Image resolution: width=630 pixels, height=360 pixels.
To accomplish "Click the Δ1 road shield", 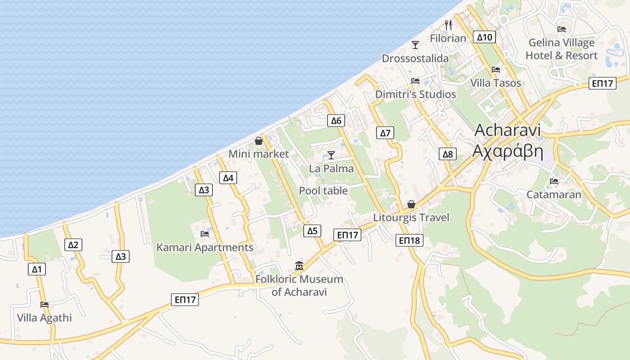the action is (36, 270).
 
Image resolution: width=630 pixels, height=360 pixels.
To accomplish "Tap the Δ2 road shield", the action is (73, 245).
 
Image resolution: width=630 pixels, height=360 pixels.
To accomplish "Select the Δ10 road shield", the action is (484, 37).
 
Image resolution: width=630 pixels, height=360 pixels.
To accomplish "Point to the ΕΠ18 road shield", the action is (409, 240).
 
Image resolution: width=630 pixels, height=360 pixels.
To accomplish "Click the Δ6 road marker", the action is (337, 120).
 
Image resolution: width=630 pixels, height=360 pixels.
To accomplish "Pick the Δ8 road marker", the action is (448, 154).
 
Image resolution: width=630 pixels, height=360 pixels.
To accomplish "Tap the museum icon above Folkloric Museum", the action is (299, 265).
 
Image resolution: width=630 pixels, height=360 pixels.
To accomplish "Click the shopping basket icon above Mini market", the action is (259, 141).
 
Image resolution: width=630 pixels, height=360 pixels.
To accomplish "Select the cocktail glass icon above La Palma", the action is (331, 155).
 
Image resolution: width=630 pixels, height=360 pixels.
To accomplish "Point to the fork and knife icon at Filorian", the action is (448, 25).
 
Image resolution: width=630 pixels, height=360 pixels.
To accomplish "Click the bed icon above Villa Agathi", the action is (44, 304).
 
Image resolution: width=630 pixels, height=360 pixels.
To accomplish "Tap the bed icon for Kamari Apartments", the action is (205, 234).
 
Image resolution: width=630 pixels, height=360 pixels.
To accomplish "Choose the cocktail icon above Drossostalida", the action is (415, 45).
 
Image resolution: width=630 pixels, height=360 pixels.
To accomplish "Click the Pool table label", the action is (323, 191).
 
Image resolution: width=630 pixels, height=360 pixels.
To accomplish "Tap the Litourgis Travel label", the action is (411, 218).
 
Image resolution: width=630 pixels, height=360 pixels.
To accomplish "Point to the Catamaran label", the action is (553, 195).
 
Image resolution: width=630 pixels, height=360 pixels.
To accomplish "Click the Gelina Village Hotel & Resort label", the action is (562, 49).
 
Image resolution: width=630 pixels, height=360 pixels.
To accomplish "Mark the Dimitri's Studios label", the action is (415, 94).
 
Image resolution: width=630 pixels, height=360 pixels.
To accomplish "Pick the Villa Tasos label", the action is (495, 83).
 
